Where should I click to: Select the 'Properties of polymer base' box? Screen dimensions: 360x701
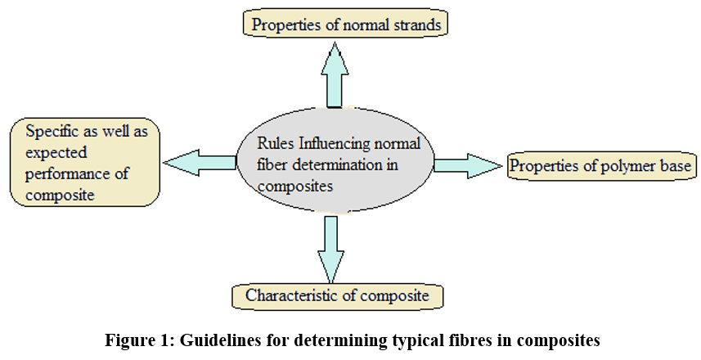click(x=601, y=166)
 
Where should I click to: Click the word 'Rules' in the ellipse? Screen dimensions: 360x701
click(x=276, y=144)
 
